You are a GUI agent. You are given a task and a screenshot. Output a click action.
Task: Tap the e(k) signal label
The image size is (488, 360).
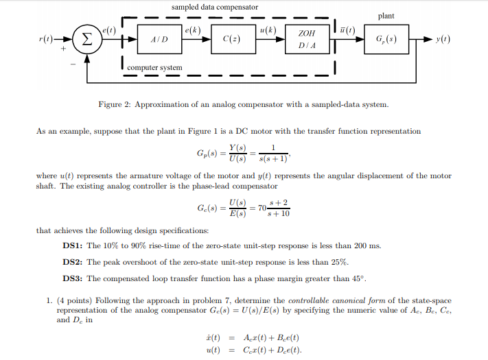[x=194, y=30]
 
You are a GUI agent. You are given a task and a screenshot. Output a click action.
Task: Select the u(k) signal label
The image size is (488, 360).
[x=268, y=30]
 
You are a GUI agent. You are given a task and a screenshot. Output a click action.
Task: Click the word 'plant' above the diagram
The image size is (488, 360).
[x=386, y=16]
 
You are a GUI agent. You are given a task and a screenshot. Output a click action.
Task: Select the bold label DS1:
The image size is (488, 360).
[x=73, y=245]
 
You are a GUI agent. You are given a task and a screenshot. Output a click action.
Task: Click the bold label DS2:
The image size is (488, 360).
[x=73, y=261]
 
